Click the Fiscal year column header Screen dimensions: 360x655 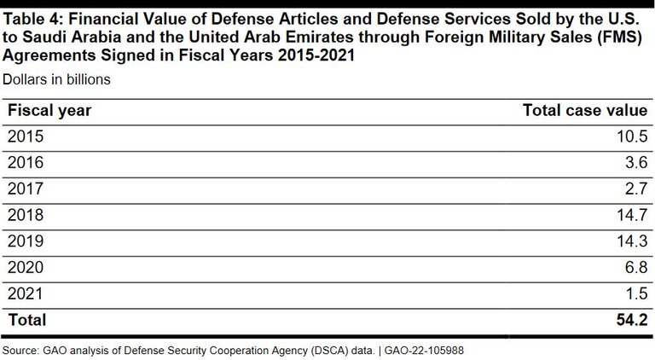pyautogui.click(x=49, y=110)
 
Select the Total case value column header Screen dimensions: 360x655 pyautogui.click(x=584, y=110)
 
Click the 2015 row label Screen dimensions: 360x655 pyautogui.click(x=25, y=136)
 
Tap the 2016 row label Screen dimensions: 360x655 pyautogui.click(x=25, y=163)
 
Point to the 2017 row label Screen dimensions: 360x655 pyautogui.click(x=25, y=189)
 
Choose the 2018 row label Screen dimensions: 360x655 pyautogui.click(x=25, y=216)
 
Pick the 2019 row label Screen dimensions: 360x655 pyautogui.click(x=25, y=241)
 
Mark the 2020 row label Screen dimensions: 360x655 pyautogui.click(x=25, y=268)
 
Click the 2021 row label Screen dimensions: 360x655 pyautogui.click(x=25, y=294)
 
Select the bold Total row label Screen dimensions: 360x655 pyautogui.click(x=26, y=321)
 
